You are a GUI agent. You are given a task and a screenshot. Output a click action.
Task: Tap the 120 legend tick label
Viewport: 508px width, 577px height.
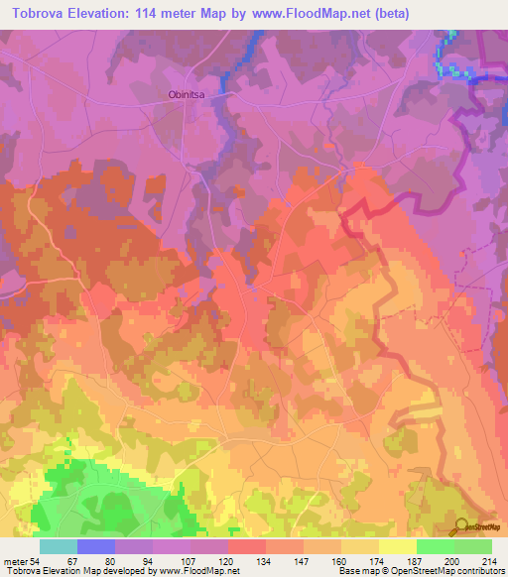tap(228, 561)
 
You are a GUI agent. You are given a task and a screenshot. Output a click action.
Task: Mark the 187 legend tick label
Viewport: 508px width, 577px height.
tap(416, 561)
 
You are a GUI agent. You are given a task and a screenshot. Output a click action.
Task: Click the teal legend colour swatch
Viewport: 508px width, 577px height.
tap(59, 546)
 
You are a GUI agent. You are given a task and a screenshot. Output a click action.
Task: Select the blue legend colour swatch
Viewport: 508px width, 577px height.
tap(96, 546)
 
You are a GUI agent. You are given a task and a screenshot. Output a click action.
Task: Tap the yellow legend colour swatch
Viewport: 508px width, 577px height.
tap(397, 546)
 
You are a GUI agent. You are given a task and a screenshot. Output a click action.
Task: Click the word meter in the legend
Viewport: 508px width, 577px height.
tap(17, 561)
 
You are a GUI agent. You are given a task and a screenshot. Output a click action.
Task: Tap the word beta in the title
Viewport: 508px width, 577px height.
tap(398, 14)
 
